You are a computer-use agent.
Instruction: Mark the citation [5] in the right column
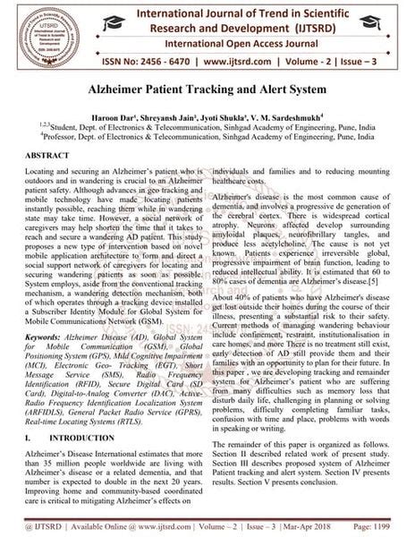tap(354, 284)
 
